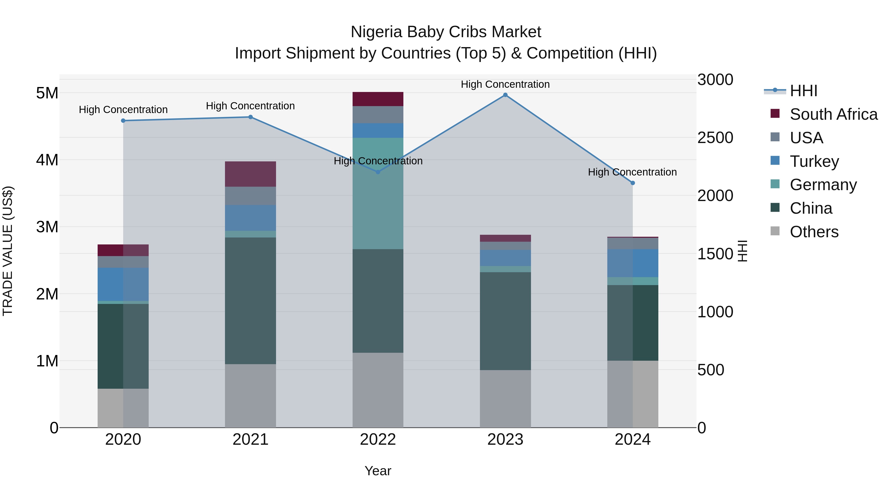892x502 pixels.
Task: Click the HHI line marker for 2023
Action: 505,95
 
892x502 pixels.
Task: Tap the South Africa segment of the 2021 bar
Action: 250,174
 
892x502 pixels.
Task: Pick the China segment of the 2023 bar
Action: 505,321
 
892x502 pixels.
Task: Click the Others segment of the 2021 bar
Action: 250,396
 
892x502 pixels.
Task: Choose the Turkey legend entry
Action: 814,161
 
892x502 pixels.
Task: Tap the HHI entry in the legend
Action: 803,91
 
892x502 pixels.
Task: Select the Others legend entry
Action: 814,232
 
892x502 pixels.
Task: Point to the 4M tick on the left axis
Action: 47,160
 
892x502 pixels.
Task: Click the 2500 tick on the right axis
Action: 715,138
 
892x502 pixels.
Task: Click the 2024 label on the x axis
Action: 632,440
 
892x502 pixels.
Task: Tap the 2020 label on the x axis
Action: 123,440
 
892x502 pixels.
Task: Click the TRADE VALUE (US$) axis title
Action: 8,251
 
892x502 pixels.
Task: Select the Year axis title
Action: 378,471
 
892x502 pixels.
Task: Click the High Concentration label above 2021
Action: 250,106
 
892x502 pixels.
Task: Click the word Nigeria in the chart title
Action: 377,32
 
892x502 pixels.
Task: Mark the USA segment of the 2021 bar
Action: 250,196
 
